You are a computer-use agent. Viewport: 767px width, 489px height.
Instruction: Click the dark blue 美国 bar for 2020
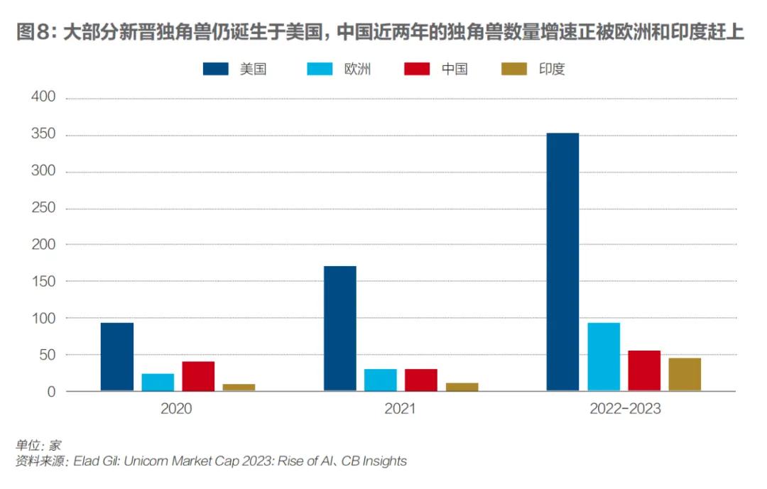[117, 356]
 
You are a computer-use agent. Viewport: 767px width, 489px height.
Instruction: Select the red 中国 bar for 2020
[198, 375]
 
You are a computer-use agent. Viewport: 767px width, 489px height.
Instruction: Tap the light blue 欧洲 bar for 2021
[381, 380]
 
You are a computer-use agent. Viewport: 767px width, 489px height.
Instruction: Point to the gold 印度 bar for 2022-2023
[685, 374]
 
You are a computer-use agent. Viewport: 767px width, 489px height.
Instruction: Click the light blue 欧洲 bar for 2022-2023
[604, 356]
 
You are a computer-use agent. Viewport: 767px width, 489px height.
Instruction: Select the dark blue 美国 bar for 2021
[340, 328]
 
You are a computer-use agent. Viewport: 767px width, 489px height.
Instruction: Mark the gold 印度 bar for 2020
[239, 387]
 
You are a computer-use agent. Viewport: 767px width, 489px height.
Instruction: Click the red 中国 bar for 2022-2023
[644, 370]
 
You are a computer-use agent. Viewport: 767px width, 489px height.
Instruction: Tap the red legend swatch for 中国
[418, 69]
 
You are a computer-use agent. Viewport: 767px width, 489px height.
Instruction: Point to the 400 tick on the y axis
[43, 98]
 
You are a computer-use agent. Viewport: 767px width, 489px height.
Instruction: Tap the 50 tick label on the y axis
[47, 355]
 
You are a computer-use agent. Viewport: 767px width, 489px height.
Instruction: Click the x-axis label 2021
[401, 410]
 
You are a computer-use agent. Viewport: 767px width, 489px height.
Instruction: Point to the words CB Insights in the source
[374, 461]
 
